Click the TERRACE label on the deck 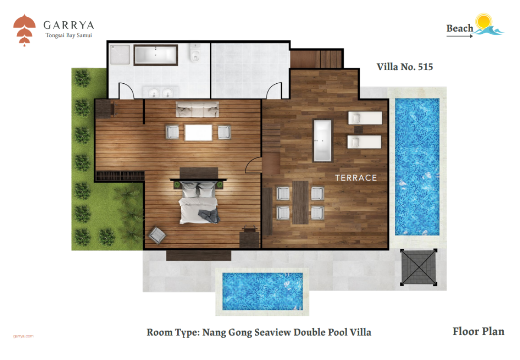(x=356, y=178)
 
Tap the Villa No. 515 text (x=405, y=67)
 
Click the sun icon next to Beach (x=484, y=22)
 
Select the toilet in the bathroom (x=195, y=52)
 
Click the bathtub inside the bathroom (x=156, y=55)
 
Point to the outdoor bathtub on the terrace (x=323, y=141)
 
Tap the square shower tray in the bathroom (x=120, y=55)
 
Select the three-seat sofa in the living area (x=197, y=109)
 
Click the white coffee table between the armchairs (x=198, y=132)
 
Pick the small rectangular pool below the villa (x=263, y=291)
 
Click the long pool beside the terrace (x=417, y=167)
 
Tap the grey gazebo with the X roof (x=419, y=267)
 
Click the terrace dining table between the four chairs (x=300, y=203)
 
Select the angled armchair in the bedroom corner (x=157, y=236)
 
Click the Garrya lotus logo (x=24, y=30)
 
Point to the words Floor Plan (x=478, y=332)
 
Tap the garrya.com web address (x=23, y=336)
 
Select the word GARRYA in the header (x=69, y=25)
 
